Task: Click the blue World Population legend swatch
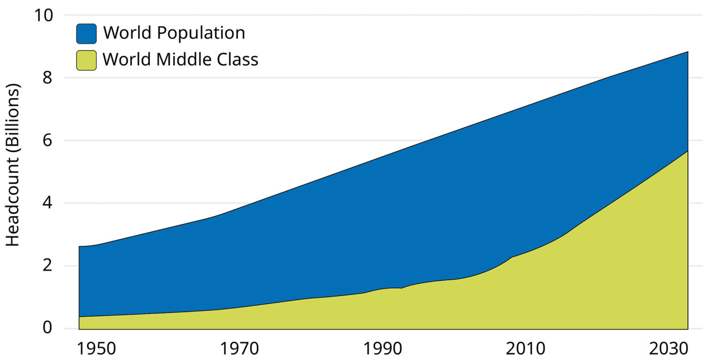point(86,33)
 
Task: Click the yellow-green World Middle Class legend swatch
point(86,60)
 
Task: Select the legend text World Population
point(174,33)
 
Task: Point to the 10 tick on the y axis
point(43,15)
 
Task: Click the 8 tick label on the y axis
point(47,78)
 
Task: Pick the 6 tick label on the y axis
point(47,140)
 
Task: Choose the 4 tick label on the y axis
point(47,203)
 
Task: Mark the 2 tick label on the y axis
point(47,266)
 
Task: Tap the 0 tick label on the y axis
point(47,328)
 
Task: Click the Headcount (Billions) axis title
point(13,165)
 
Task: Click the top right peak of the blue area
point(687,52)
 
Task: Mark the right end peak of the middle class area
point(687,151)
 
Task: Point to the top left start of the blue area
point(80,247)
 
